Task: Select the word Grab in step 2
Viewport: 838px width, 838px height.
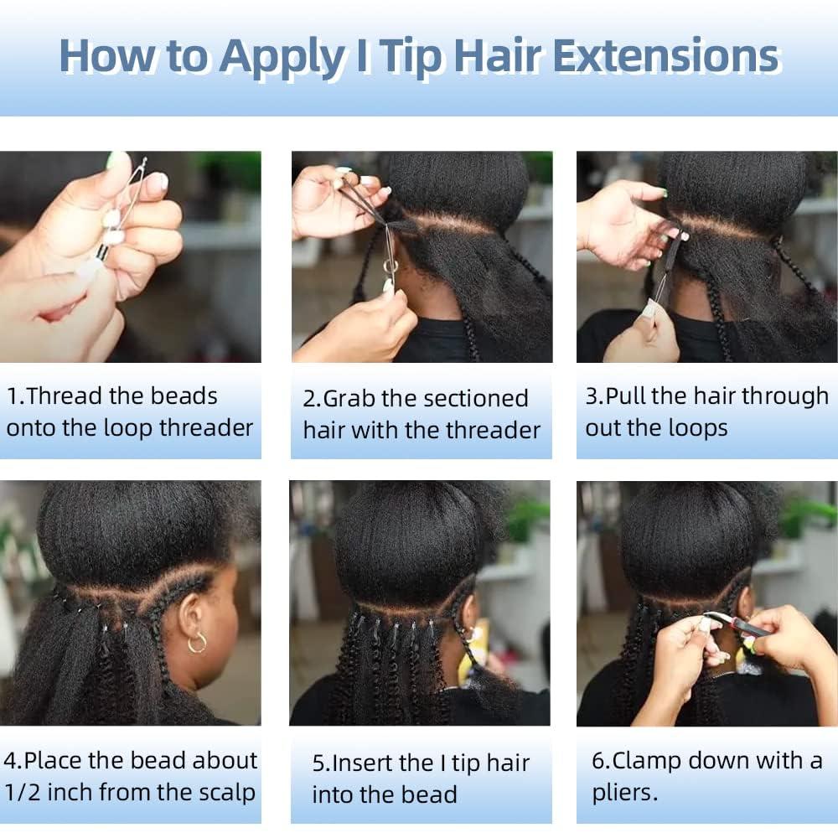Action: [x=346, y=399]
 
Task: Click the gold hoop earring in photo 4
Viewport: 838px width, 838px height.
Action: [x=197, y=643]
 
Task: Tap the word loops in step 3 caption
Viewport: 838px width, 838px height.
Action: [x=692, y=428]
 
